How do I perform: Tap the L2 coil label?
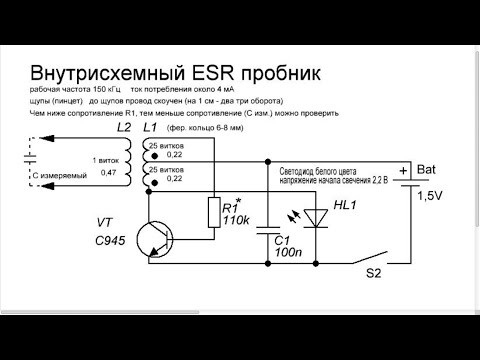(x=124, y=128)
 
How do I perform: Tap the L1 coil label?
(x=151, y=128)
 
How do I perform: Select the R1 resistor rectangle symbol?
(x=213, y=212)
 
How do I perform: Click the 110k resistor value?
(x=237, y=219)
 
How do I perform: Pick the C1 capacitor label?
(x=282, y=240)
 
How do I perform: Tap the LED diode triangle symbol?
(x=317, y=212)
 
